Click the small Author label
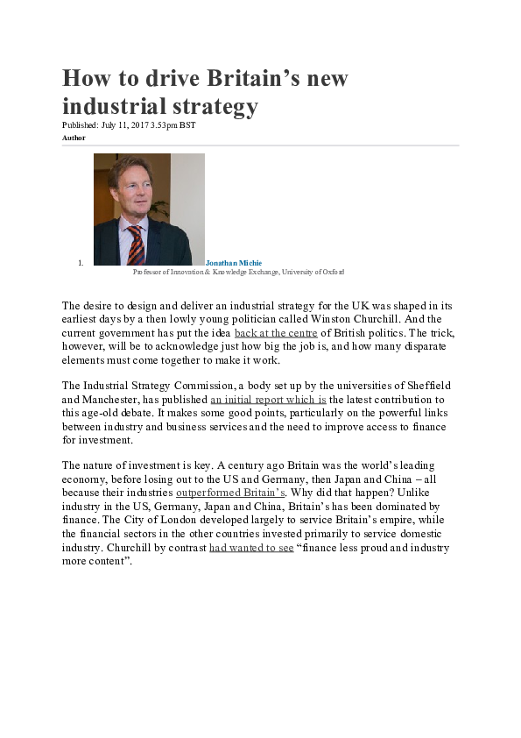[x=74, y=138]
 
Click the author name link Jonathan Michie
[x=234, y=263]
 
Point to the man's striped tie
[x=135, y=245]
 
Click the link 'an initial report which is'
[x=268, y=399]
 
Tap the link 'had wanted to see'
[x=251, y=548]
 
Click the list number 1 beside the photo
[x=80, y=263]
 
